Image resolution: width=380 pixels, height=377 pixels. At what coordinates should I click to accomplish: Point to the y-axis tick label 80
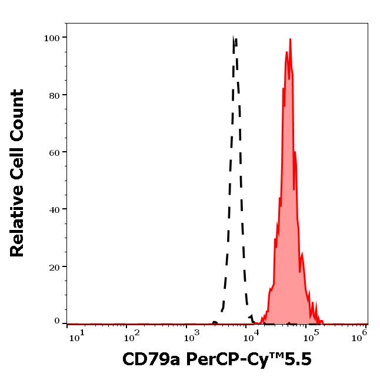54,95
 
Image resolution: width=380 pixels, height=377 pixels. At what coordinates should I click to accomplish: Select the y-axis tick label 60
54,152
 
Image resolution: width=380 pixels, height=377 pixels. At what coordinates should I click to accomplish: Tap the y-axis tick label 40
54,209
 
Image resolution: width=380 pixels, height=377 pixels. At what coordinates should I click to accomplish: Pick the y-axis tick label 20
54,267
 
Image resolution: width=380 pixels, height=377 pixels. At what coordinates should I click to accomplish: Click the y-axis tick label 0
57,321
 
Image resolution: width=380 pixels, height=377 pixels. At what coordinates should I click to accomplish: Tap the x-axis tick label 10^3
192,336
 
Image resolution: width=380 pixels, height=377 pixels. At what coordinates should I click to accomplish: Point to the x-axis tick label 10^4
252,336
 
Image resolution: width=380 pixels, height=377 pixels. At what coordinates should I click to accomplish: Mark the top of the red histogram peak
291,39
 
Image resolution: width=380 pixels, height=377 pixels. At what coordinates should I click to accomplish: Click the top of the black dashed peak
234,38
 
